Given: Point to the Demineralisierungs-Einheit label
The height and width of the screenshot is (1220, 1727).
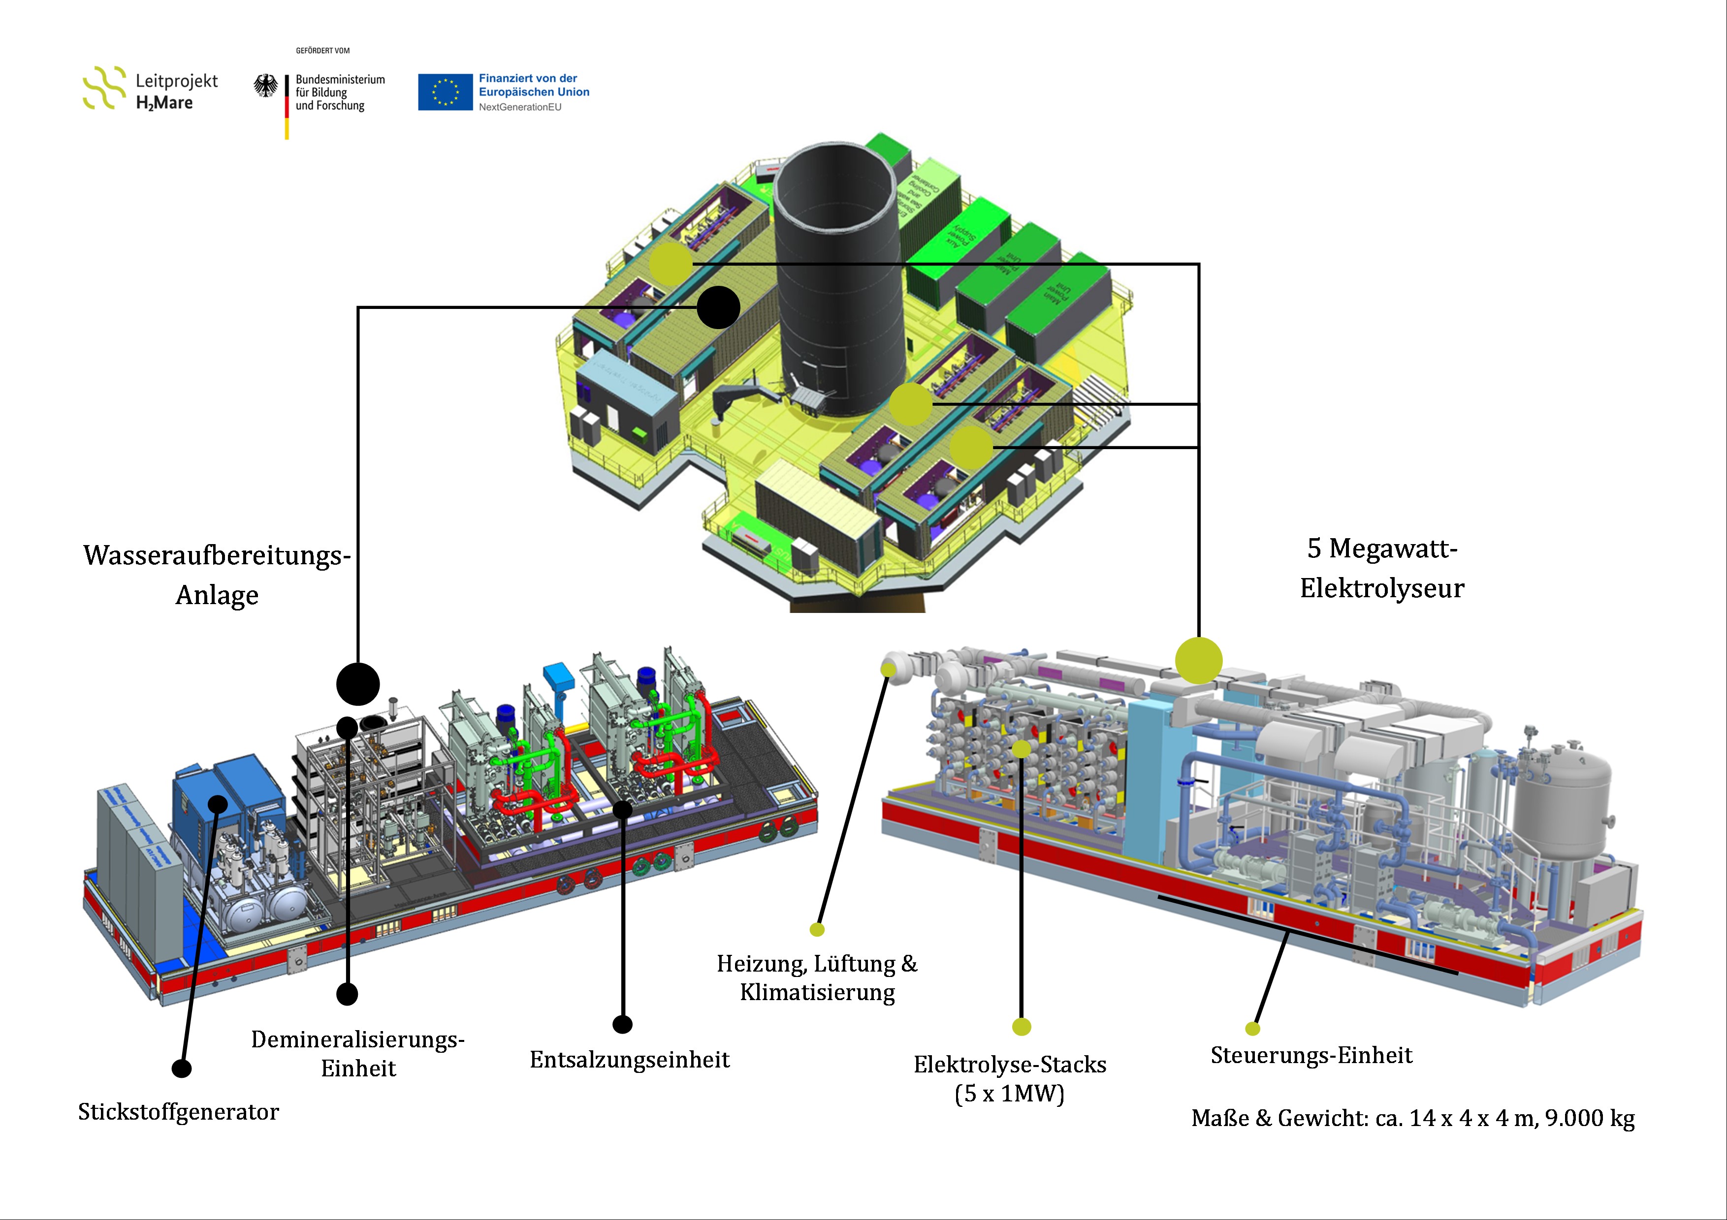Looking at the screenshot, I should pos(358,1054).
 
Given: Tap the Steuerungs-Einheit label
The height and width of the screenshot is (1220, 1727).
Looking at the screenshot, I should pos(1311,1055).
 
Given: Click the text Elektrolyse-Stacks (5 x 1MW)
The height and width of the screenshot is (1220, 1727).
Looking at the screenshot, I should pos(1009,1079).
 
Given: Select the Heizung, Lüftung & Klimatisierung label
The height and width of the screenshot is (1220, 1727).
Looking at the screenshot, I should pos(817,978).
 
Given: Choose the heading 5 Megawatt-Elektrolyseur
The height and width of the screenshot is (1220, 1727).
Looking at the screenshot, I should pos(1382,568).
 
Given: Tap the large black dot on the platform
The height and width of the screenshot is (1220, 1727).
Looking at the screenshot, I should pos(718,307).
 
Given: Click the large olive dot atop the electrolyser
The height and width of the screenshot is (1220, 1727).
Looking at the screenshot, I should pos(1198,661).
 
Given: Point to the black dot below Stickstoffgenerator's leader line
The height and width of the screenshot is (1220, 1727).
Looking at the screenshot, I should pos(181,1068).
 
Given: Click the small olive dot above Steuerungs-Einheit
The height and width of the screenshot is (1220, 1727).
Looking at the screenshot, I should pos(1252,1028).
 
